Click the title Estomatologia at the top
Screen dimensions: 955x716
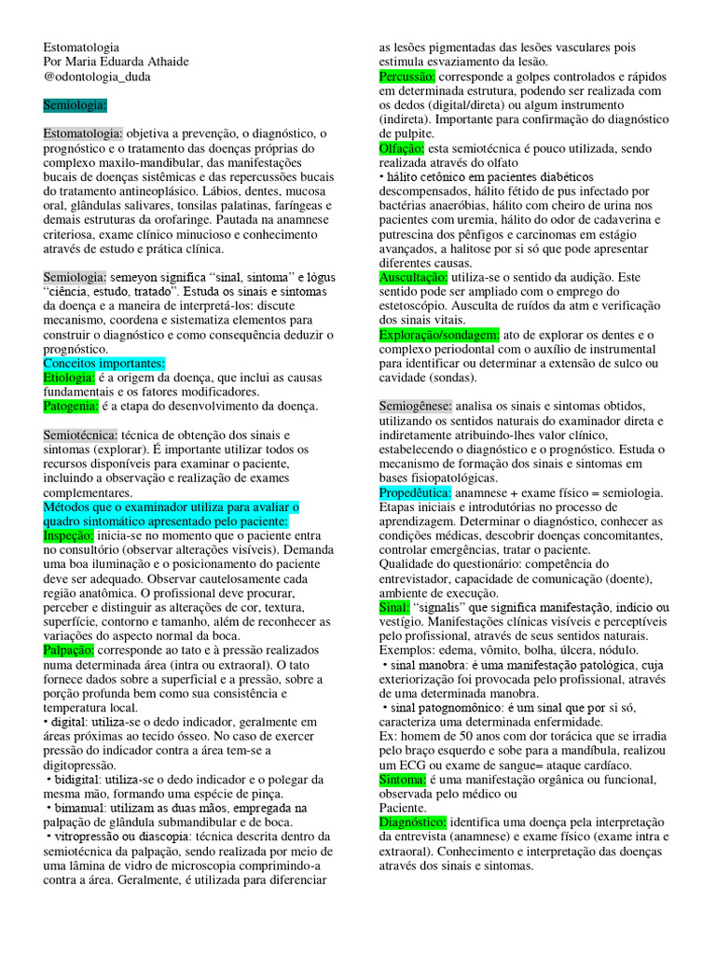click(81, 47)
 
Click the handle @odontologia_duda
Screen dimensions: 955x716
click(97, 76)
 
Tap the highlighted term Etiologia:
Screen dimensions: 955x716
click(69, 377)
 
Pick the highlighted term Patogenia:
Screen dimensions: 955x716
click(71, 406)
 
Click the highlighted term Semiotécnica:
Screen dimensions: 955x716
click(80, 435)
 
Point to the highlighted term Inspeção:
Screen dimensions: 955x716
click(69, 536)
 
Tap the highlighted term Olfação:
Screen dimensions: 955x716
click(402, 147)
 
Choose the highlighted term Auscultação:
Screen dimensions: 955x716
click(413, 277)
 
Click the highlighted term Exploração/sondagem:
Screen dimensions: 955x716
click(439, 335)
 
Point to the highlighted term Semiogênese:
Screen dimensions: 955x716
click(416, 406)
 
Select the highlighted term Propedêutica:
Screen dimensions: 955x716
click(416, 492)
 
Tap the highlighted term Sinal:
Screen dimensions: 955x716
click(394, 607)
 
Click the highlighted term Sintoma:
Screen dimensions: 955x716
click(402, 779)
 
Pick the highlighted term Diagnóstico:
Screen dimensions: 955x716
click(413, 823)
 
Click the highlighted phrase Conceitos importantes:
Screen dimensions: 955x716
click(104, 363)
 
